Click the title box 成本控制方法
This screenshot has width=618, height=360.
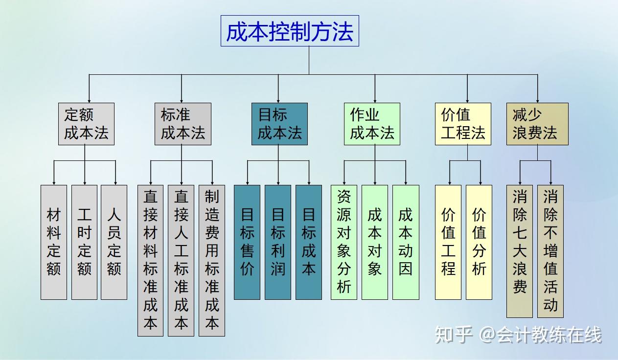[x=290, y=31]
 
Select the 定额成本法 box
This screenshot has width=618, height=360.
[x=86, y=124]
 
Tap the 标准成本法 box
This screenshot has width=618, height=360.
[x=183, y=124]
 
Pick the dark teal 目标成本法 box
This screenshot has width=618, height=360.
[x=279, y=124]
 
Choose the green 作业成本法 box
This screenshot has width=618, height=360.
[x=372, y=124]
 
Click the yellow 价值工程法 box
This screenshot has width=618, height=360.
[x=463, y=124]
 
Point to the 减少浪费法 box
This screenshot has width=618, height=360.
[x=537, y=124]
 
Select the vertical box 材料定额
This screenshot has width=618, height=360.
[x=54, y=242]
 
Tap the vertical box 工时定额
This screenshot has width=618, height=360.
[x=84, y=242]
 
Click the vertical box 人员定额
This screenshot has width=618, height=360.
[x=114, y=242]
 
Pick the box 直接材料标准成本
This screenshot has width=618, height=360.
[x=150, y=260]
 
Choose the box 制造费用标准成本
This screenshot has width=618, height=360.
[x=212, y=260]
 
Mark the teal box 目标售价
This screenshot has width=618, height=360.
[x=247, y=242]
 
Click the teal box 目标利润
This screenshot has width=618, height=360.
[x=278, y=242]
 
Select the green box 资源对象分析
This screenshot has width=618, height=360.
[x=344, y=242]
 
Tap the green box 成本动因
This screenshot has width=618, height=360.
[x=406, y=242]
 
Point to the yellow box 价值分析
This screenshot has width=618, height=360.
[x=479, y=242]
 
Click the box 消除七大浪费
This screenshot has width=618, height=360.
[x=520, y=251]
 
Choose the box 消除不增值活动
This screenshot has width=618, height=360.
[x=550, y=251]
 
